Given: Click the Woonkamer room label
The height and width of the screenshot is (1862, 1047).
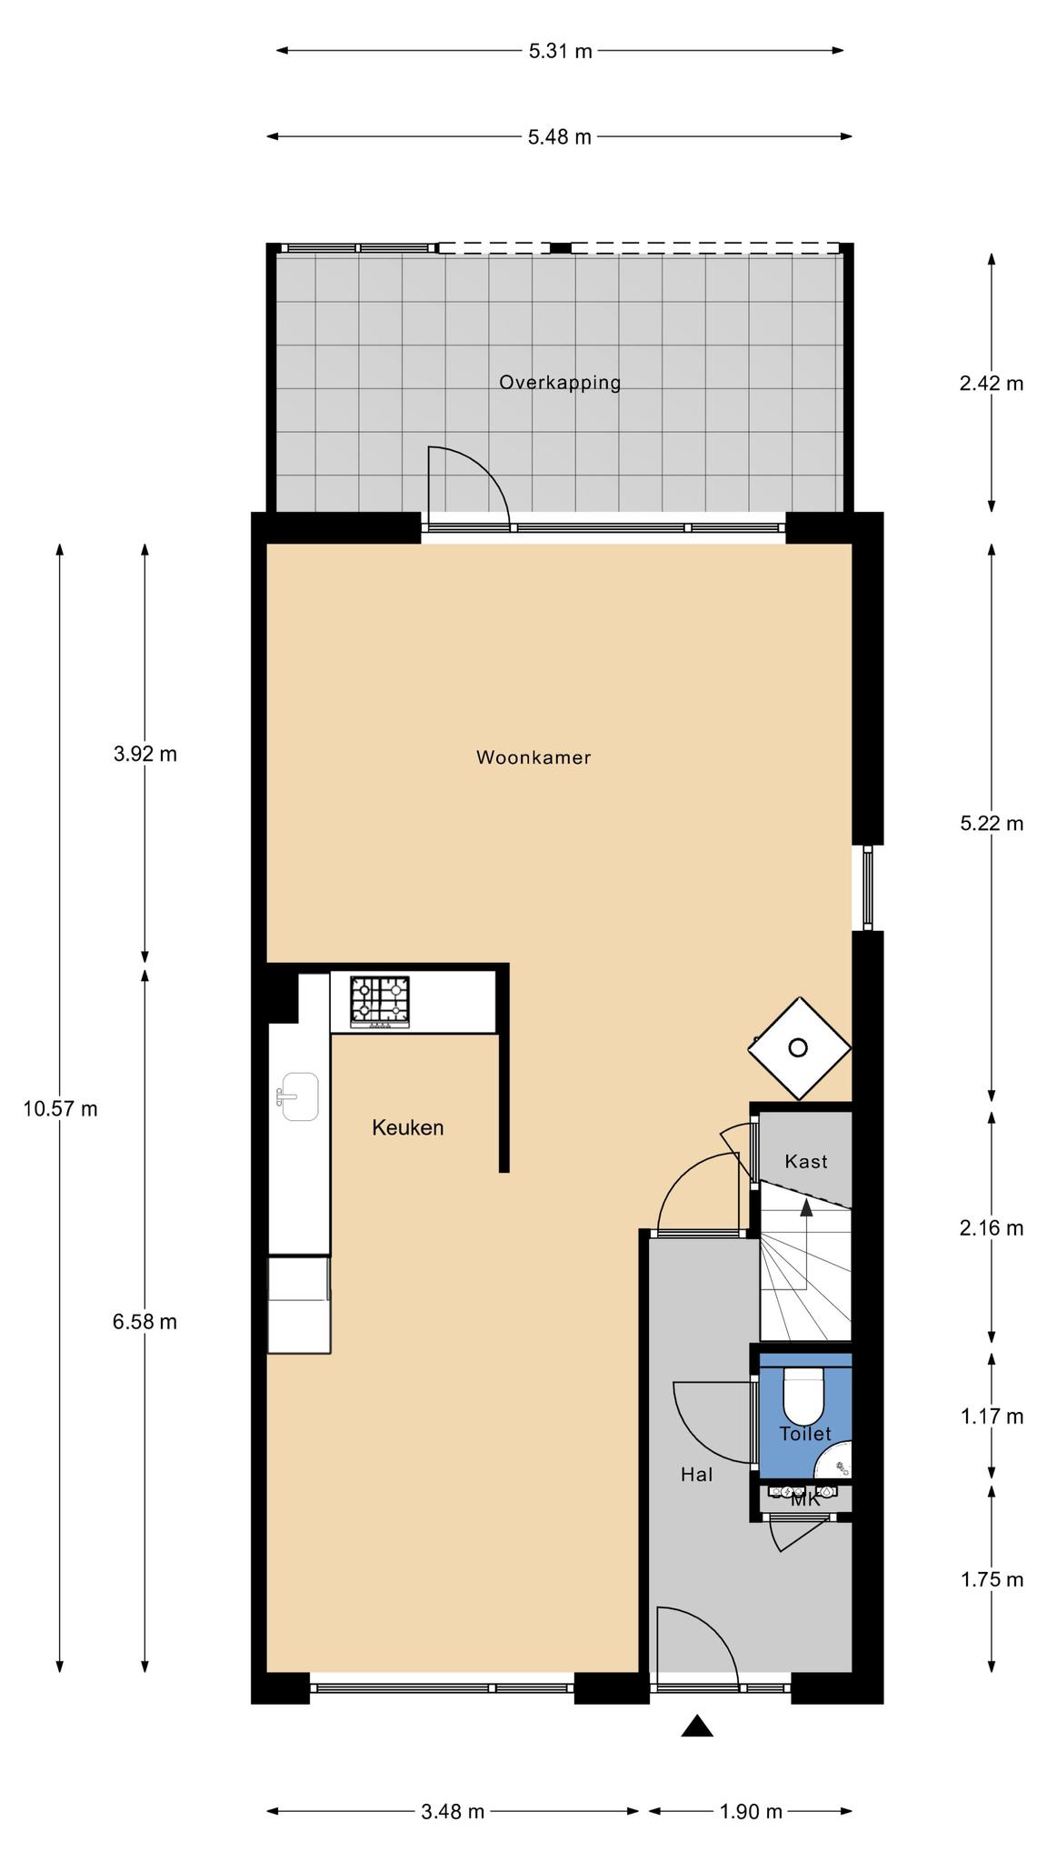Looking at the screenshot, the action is [x=533, y=757].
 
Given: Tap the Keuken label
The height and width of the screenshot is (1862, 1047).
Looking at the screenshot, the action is [x=408, y=1128].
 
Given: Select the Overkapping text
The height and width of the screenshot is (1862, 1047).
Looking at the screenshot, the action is [x=560, y=383].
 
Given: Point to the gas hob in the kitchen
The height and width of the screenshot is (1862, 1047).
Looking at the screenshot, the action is [x=380, y=1003].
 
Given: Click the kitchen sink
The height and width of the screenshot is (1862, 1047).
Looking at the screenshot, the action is [x=298, y=1096].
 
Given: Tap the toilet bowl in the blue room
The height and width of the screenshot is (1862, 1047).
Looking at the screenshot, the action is [x=803, y=1396].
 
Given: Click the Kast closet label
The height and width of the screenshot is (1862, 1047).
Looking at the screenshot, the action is [x=806, y=1161].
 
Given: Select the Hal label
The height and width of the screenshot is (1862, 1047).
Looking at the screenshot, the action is [x=697, y=1475].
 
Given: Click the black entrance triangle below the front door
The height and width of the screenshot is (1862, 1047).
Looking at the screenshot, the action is [x=697, y=1726].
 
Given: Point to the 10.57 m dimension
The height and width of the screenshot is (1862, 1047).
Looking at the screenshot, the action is [x=60, y=1109].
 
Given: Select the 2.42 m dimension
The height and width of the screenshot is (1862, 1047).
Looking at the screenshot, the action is [x=992, y=383].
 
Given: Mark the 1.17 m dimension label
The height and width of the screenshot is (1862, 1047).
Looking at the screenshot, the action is [x=992, y=1417].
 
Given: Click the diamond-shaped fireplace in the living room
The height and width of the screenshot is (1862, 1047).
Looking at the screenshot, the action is [x=799, y=1047].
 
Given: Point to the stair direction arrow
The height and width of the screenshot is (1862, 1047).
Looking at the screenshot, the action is [x=806, y=1206].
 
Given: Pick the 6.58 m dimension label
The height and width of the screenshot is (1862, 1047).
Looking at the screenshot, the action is [x=145, y=1322].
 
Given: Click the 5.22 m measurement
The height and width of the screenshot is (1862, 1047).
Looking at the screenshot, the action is [x=992, y=824].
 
